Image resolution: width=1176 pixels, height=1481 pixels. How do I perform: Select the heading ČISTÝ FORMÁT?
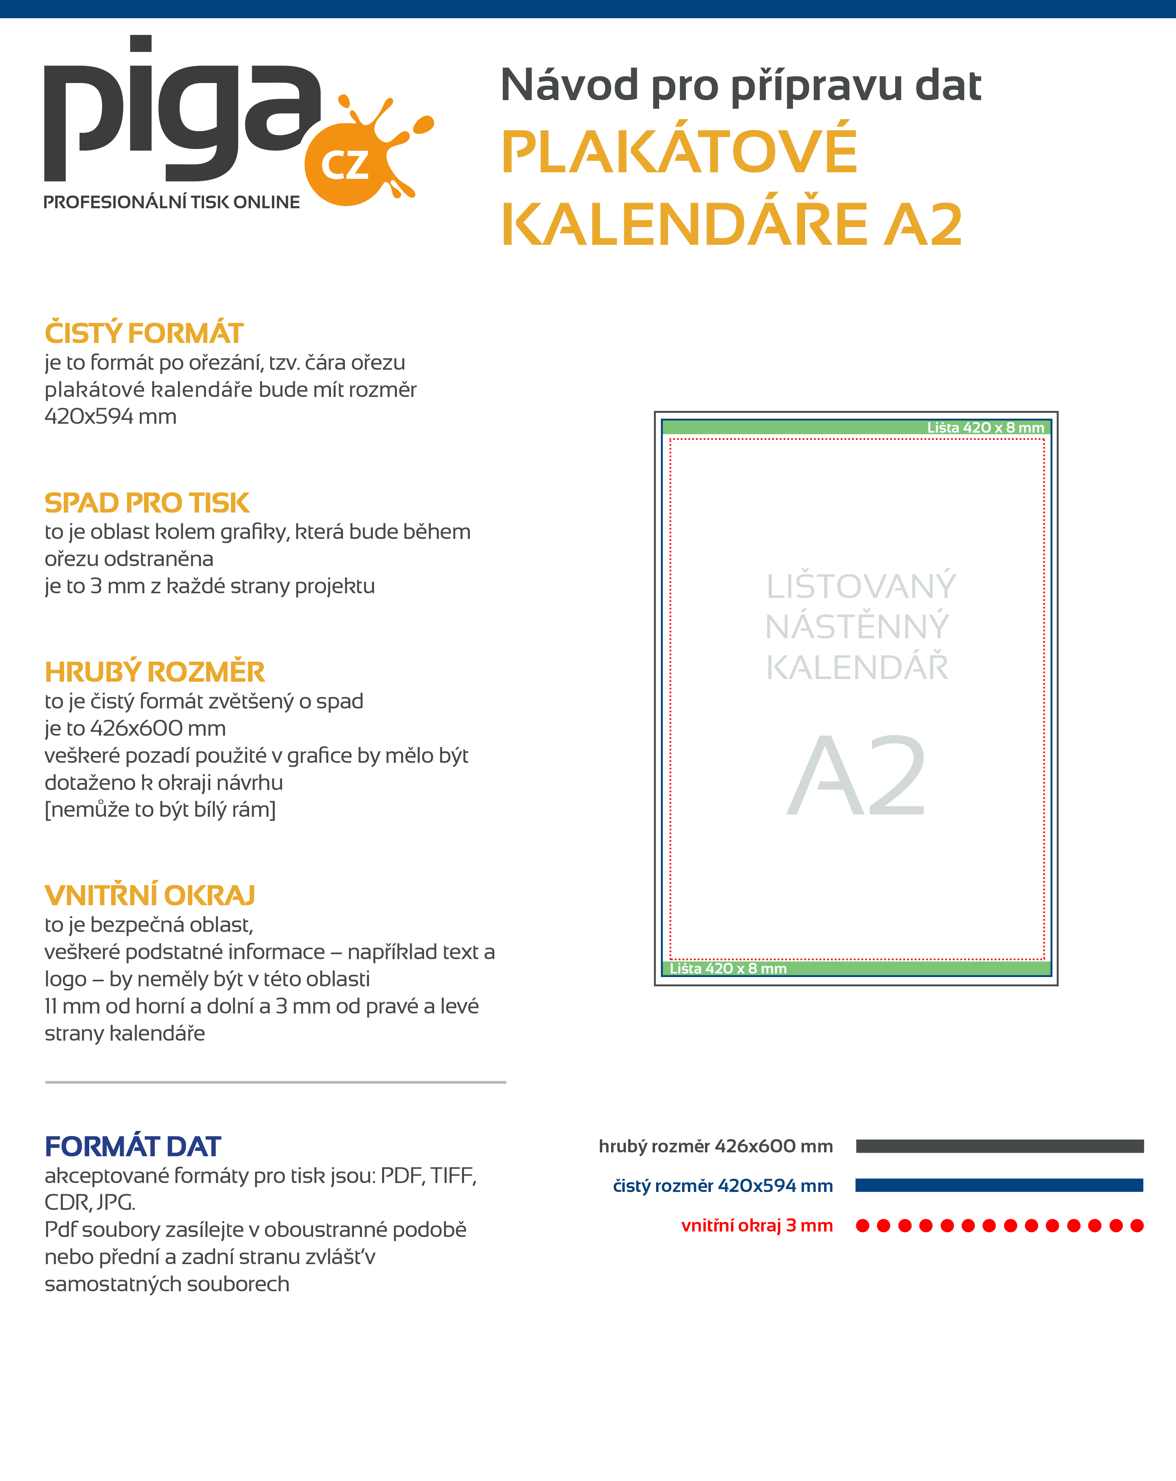click(x=144, y=333)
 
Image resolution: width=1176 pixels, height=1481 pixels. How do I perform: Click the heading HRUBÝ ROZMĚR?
click(x=154, y=672)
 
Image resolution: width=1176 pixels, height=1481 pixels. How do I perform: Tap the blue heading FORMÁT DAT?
click(x=133, y=1147)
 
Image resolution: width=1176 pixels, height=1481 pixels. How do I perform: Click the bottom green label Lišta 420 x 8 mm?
click(x=728, y=968)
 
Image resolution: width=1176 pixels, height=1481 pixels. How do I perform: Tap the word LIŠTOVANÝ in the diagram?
click(x=861, y=587)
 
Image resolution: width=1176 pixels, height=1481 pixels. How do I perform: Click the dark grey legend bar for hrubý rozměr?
click(x=999, y=1146)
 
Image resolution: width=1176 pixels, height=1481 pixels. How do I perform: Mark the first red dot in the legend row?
click(x=863, y=1225)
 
